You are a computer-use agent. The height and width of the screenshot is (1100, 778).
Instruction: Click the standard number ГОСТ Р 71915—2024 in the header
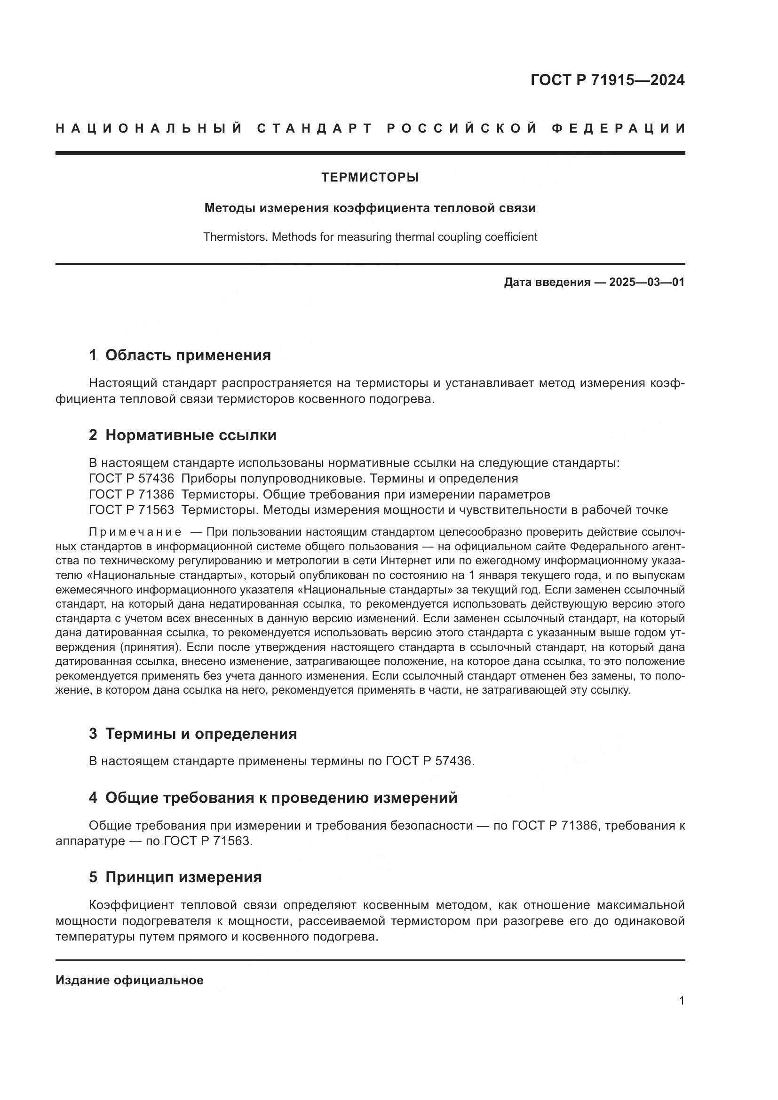pos(607,80)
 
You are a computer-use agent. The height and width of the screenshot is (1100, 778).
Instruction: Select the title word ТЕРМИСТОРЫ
pos(370,178)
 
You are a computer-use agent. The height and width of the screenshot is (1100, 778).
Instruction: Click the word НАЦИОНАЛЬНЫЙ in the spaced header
pos(149,128)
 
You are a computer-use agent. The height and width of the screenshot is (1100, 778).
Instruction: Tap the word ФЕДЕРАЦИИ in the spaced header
pos(618,128)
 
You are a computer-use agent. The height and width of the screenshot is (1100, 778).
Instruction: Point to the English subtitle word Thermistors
pos(235,237)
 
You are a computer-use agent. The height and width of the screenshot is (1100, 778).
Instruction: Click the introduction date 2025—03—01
pos(647,282)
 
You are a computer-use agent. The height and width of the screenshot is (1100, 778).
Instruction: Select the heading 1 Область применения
pos(180,356)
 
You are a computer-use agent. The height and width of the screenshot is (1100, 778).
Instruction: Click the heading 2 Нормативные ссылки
pos(183,435)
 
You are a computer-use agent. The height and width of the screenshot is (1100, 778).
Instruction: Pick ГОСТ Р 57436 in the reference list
pos(131,478)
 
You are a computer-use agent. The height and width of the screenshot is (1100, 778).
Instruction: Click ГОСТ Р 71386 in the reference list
pos(131,494)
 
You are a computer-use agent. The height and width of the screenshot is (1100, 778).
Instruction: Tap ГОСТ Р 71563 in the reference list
pos(131,510)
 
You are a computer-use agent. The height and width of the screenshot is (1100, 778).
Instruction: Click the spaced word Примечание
pos(135,532)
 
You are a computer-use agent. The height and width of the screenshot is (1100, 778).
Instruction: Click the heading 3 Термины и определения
pos(192,734)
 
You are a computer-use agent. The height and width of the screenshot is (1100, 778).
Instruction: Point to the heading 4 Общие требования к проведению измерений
pos(273,798)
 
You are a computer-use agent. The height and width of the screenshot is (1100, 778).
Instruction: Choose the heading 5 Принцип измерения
pos(175,877)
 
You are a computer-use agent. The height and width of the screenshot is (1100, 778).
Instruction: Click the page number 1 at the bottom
pos(682,1001)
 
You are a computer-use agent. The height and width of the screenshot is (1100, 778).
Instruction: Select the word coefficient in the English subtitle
pos(514,237)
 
